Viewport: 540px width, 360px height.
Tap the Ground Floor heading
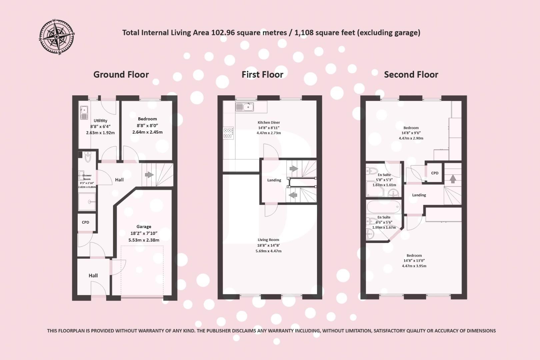pyautogui.click(x=121, y=74)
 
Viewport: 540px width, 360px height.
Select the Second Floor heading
pyautogui.click(x=411, y=74)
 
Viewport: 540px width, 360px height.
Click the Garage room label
pyautogui.click(x=144, y=227)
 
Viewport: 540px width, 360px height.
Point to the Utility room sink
pyautogui.click(x=84, y=112)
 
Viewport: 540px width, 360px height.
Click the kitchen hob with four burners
pyautogui.click(x=228, y=133)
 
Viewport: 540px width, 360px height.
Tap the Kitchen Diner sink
pyautogui.click(x=245, y=107)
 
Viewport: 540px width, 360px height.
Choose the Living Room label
pyautogui.click(x=268, y=240)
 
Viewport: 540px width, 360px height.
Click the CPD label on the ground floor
pyautogui.click(x=85, y=222)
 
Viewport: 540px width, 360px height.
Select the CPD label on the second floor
pyautogui.click(x=435, y=173)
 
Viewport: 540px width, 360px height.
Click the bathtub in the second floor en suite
pyautogui.click(x=383, y=207)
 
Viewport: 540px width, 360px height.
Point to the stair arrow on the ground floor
pyautogui.click(x=149, y=175)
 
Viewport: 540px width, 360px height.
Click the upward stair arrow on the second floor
pyautogui.click(x=453, y=179)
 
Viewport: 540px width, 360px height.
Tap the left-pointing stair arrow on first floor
pyautogui.click(x=293, y=195)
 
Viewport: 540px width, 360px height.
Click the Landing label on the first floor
pyautogui.click(x=274, y=180)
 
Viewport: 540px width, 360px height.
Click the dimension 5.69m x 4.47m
pyautogui.click(x=268, y=251)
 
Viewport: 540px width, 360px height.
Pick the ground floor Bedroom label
pyautogui.click(x=147, y=119)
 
